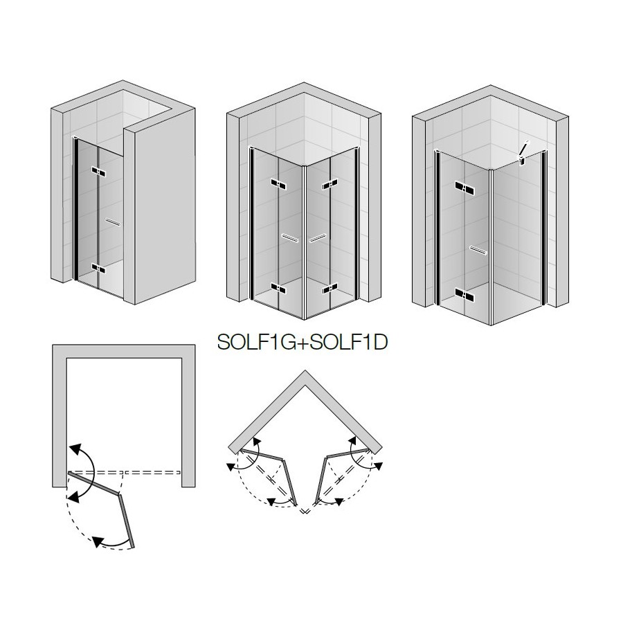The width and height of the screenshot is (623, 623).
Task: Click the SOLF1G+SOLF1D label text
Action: click(303, 342)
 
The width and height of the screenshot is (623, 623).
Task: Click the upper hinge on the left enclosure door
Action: click(98, 172)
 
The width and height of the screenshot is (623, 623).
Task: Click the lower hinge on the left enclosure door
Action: click(98, 269)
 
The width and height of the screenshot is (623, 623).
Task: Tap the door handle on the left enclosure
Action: click(113, 222)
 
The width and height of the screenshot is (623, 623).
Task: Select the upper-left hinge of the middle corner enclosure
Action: click(279, 184)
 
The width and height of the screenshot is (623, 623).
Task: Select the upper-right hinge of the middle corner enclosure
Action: click(330, 184)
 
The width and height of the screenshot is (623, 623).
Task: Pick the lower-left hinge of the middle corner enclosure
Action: click(279, 288)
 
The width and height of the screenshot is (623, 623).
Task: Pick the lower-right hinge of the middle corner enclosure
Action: click(330, 288)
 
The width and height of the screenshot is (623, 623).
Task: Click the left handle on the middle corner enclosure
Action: click(289, 237)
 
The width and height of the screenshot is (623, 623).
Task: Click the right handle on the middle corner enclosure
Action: click(318, 237)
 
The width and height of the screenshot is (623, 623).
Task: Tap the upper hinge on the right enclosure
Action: click(464, 188)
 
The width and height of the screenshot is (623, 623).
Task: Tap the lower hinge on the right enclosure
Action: click(464, 294)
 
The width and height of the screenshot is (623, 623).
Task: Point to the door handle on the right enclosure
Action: click(478, 251)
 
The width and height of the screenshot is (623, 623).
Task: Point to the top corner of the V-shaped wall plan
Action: click(305, 371)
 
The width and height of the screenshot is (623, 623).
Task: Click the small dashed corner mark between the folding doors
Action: click(305, 511)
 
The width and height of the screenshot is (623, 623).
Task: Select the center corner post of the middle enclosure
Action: click(305, 242)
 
